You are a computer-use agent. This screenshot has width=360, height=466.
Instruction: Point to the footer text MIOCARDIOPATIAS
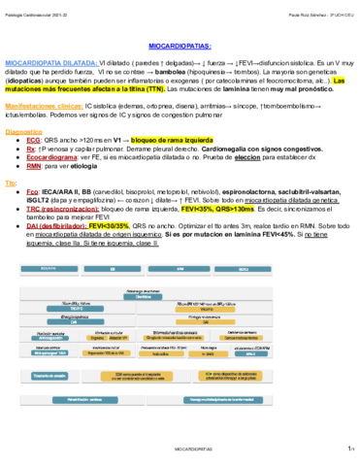pos(179,449)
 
